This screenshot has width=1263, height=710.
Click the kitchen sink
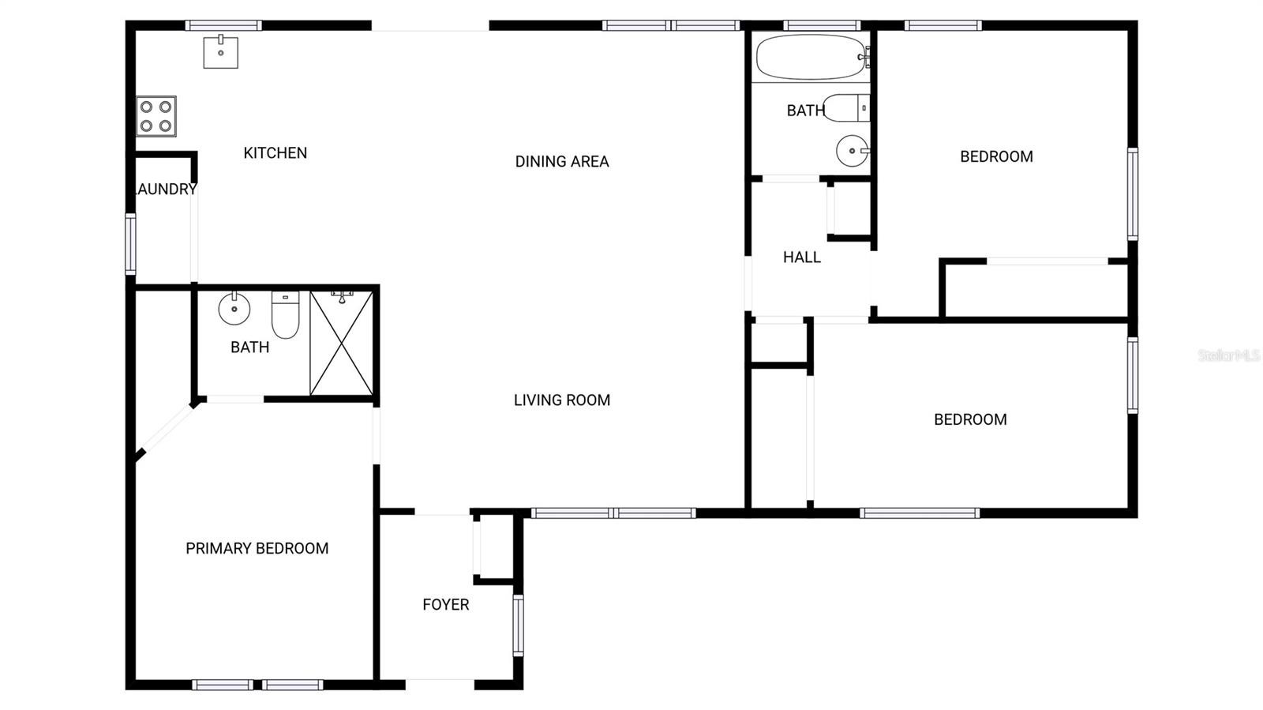(x=220, y=51)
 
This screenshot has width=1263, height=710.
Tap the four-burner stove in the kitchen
(x=156, y=116)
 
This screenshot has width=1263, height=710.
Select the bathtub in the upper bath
(x=811, y=57)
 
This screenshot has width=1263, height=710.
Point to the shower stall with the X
(x=341, y=343)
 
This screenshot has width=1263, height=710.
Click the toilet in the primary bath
(x=285, y=314)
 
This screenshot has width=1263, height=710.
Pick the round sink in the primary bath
(x=234, y=308)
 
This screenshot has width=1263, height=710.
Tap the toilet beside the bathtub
(x=846, y=107)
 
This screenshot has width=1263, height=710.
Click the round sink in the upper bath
(x=852, y=150)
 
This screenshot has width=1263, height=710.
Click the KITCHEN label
(x=275, y=153)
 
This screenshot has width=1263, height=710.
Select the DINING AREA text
(x=562, y=162)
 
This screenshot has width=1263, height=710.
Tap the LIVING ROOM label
(x=562, y=400)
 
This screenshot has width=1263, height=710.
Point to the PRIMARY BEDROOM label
(x=257, y=548)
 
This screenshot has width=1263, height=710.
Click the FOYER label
(x=445, y=605)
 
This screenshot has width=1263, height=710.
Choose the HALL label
(x=801, y=257)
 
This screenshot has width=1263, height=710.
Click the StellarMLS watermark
(x=1228, y=355)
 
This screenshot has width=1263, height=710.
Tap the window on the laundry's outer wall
(x=130, y=244)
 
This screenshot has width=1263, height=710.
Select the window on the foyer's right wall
(x=518, y=625)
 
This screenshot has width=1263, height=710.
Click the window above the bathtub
(x=821, y=25)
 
